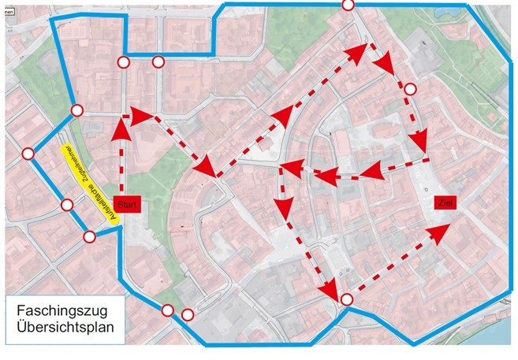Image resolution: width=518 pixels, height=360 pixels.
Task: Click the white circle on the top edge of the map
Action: click(348, 5)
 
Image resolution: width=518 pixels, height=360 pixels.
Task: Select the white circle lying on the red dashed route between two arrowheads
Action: click(408, 89)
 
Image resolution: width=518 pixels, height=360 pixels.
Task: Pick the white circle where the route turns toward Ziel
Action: click(346, 299)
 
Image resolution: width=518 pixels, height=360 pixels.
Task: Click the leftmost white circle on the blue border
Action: click(28, 154)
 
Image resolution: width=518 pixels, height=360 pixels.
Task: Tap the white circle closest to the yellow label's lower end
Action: click(89, 236)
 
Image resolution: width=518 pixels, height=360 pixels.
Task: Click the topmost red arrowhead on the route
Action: click(365, 51)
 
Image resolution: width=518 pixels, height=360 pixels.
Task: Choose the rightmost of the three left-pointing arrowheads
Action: click(374, 169)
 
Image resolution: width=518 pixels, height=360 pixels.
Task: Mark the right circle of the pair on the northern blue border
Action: click(158, 61)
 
